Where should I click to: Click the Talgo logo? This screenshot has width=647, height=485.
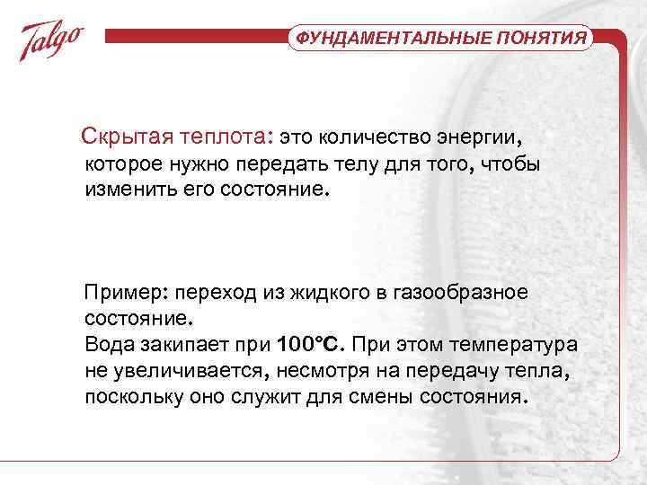[53, 40]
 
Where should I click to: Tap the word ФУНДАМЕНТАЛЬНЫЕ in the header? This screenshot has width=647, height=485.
[390, 39]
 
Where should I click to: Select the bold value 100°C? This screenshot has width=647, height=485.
[312, 345]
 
